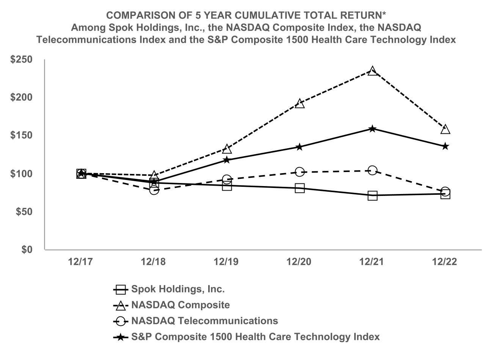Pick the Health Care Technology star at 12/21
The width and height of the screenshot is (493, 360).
(372, 129)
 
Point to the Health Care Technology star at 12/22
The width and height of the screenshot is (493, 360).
(445, 146)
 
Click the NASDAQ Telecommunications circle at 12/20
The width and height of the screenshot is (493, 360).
(300, 172)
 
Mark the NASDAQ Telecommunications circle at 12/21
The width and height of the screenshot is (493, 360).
(372, 171)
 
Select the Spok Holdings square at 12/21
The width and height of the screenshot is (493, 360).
(372, 196)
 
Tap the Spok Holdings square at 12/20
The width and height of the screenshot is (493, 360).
(300, 188)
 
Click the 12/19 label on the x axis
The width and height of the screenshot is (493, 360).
(226, 262)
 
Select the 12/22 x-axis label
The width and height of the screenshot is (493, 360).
(445, 262)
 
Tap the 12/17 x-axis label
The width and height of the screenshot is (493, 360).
(81, 262)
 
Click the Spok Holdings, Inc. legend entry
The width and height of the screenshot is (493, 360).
(178, 289)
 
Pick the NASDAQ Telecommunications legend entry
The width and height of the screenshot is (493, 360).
(204, 321)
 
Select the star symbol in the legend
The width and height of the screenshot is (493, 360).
(120, 337)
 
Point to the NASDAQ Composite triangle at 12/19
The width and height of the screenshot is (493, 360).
(227, 149)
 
